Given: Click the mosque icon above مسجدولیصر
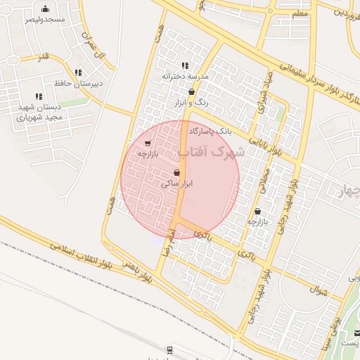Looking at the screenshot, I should [46, 9].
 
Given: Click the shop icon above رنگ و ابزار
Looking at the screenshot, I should [191, 92].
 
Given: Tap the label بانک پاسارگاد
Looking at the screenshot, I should [209, 131].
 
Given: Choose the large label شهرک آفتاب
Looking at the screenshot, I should [212, 151].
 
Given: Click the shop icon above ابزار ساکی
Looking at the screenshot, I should [176, 172].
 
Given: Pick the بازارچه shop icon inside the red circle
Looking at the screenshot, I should [146, 143].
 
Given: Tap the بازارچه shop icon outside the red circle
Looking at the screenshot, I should [258, 210].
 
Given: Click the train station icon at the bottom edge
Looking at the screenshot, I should [170, 349].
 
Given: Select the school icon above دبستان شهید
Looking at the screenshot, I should [38, 96].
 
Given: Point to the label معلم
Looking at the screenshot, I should [299, 14].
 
